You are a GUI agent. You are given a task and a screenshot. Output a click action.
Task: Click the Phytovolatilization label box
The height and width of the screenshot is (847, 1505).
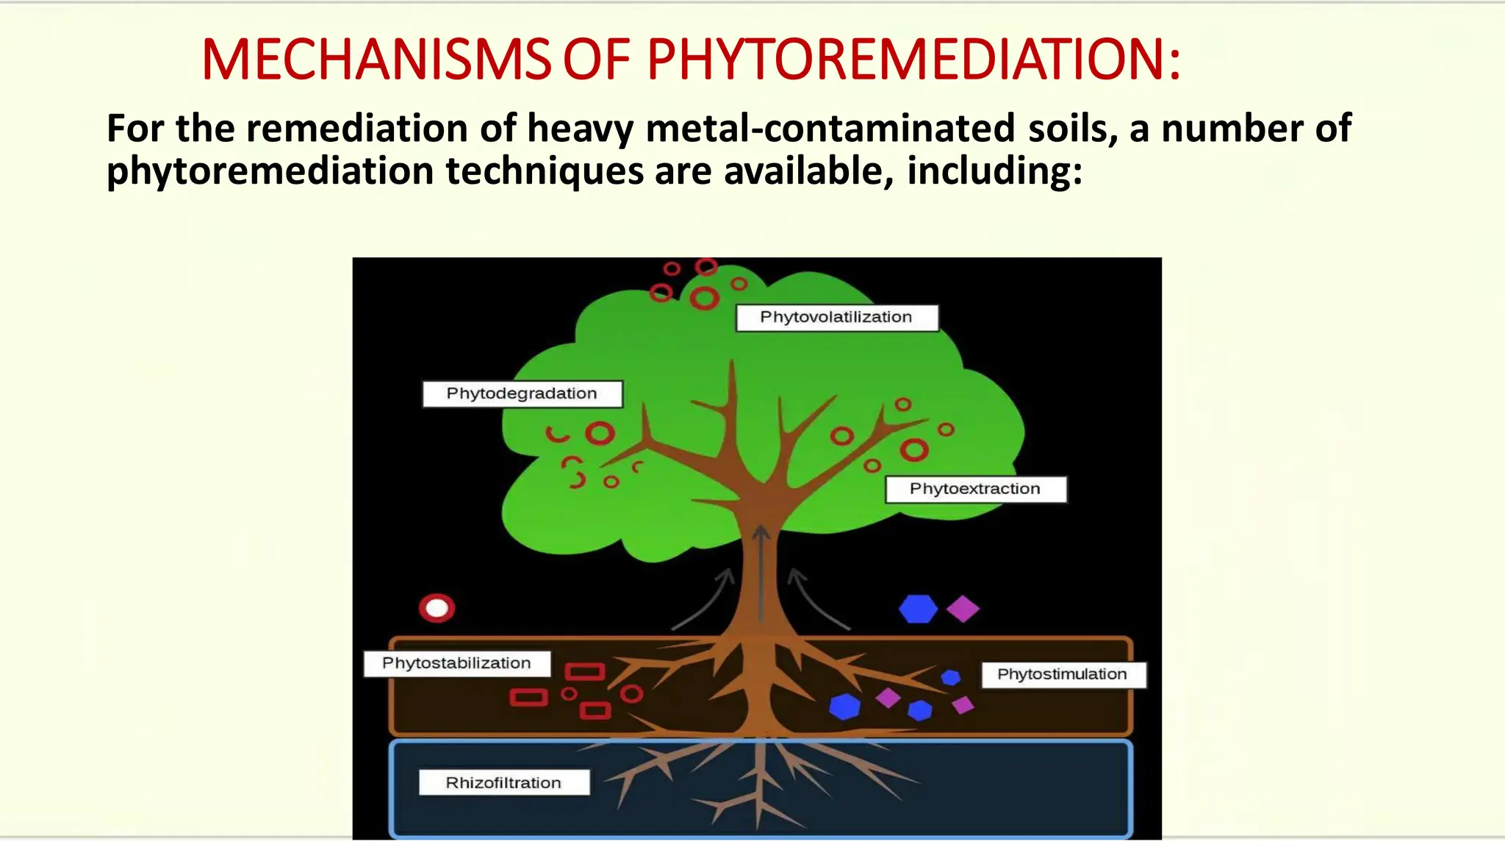[x=837, y=318]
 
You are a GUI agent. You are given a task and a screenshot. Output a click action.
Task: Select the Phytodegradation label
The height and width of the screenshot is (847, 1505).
[x=522, y=393]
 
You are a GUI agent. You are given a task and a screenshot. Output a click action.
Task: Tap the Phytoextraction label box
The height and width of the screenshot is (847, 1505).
[x=975, y=489]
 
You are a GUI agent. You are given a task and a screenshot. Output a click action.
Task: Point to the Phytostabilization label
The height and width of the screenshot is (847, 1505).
[x=456, y=663]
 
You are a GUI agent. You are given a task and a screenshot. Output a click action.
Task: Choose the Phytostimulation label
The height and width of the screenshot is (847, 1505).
[x=1062, y=674]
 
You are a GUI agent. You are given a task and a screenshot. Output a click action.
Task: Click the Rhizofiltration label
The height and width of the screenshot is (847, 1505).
[x=503, y=782]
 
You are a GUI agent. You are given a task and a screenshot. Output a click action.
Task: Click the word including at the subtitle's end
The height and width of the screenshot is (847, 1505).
[x=994, y=171]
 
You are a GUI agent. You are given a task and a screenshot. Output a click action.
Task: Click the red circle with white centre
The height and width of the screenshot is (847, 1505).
[x=437, y=608]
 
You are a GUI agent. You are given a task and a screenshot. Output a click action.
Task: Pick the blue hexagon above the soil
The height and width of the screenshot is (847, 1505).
[x=918, y=609]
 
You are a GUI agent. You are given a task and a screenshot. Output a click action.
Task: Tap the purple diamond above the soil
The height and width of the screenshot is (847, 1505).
[x=963, y=609]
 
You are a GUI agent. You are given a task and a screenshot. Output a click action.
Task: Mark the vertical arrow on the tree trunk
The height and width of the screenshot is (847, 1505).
[x=761, y=573]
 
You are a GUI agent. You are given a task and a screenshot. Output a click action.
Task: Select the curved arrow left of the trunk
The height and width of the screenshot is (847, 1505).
[x=705, y=599]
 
